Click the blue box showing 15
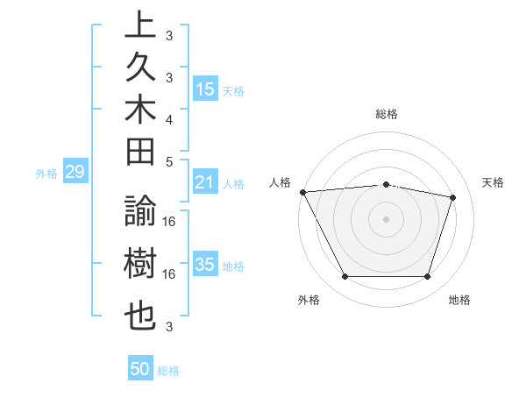click(x=205, y=89)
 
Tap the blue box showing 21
click(x=205, y=182)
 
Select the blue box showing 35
click(x=205, y=265)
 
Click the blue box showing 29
click(x=75, y=173)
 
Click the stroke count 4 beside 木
click(x=169, y=119)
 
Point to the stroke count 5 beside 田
click(x=169, y=161)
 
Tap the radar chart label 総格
click(x=387, y=114)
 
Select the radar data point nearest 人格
click(x=302, y=192)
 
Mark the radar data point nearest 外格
click(x=345, y=277)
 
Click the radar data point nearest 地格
click(x=428, y=277)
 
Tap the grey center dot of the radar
click(x=386, y=218)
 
